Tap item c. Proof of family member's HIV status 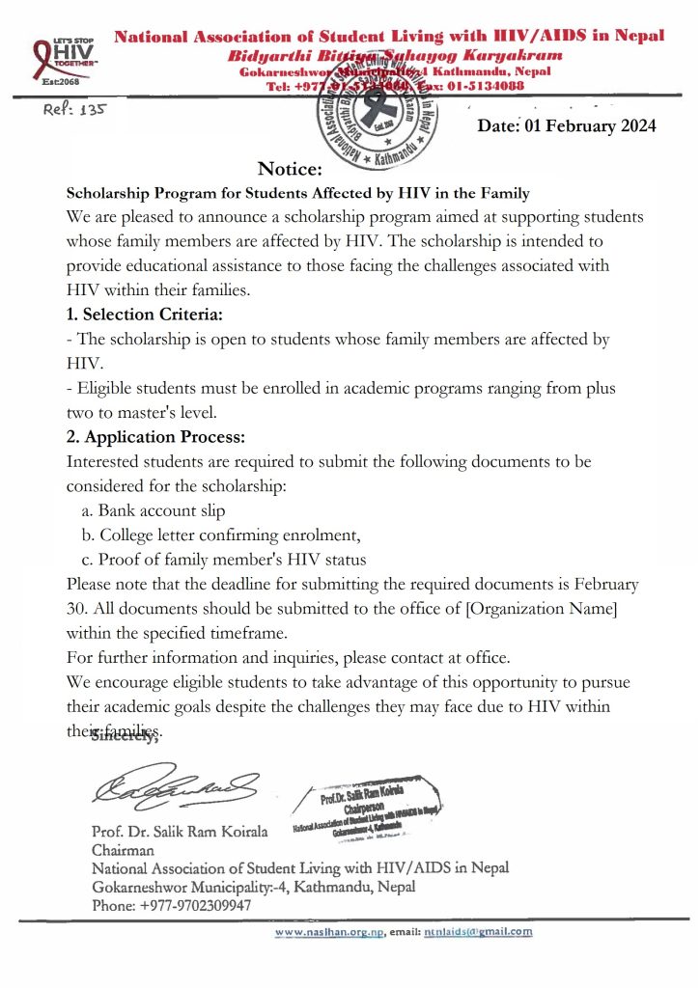[x=223, y=560]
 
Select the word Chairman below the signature [x=123, y=850]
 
